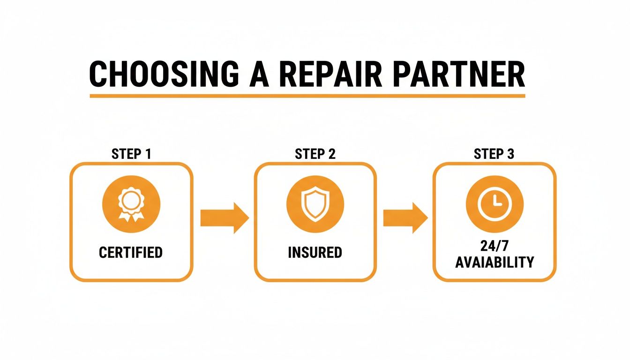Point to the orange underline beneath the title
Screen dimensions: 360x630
[x=307, y=96]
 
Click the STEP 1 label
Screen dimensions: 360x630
[x=131, y=154]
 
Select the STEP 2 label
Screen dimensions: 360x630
[x=315, y=154]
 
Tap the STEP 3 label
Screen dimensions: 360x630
[x=494, y=154]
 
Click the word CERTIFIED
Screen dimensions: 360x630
[x=131, y=253]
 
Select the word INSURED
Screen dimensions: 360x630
[x=315, y=253]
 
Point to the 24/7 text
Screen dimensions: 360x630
[x=494, y=247]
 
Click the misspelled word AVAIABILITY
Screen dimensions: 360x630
[x=494, y=262]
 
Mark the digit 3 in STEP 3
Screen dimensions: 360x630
[x=510, y=154]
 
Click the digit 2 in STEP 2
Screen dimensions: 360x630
[x=331, y=154]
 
